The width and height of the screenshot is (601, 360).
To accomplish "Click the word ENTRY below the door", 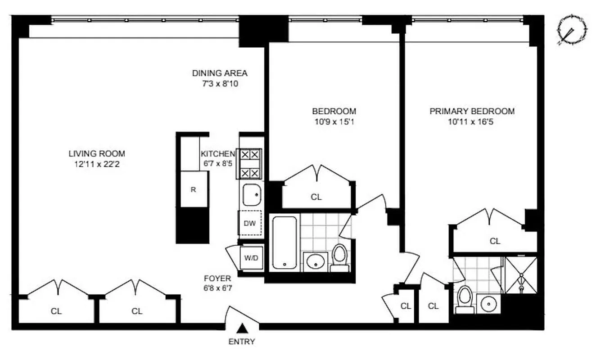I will pos(242,342).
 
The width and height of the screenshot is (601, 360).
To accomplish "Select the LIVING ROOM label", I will pos(97,153).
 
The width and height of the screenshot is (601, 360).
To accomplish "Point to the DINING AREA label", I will pos(220,73).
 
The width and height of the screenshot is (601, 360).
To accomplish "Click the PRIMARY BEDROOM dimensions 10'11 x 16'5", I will pos(472,121).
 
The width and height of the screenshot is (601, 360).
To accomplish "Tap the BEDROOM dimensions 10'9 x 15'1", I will pos(334,121).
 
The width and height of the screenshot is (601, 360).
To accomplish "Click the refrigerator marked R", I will pos(194,189).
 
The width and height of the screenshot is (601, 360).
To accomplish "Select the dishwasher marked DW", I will pos(250,223).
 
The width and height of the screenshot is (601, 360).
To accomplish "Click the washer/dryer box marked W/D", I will pos(251,258).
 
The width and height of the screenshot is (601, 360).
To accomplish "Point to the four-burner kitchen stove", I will pos(250,164).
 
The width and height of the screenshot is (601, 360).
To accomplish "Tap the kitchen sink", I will pos(251,195).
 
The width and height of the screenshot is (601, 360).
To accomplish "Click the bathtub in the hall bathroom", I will pos(284,243).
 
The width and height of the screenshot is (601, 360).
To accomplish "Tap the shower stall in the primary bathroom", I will pos(521,275).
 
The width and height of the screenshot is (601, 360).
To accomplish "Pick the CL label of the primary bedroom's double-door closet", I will pos(495,241).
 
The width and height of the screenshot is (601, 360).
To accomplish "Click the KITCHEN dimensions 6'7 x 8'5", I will pos(217,164).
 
